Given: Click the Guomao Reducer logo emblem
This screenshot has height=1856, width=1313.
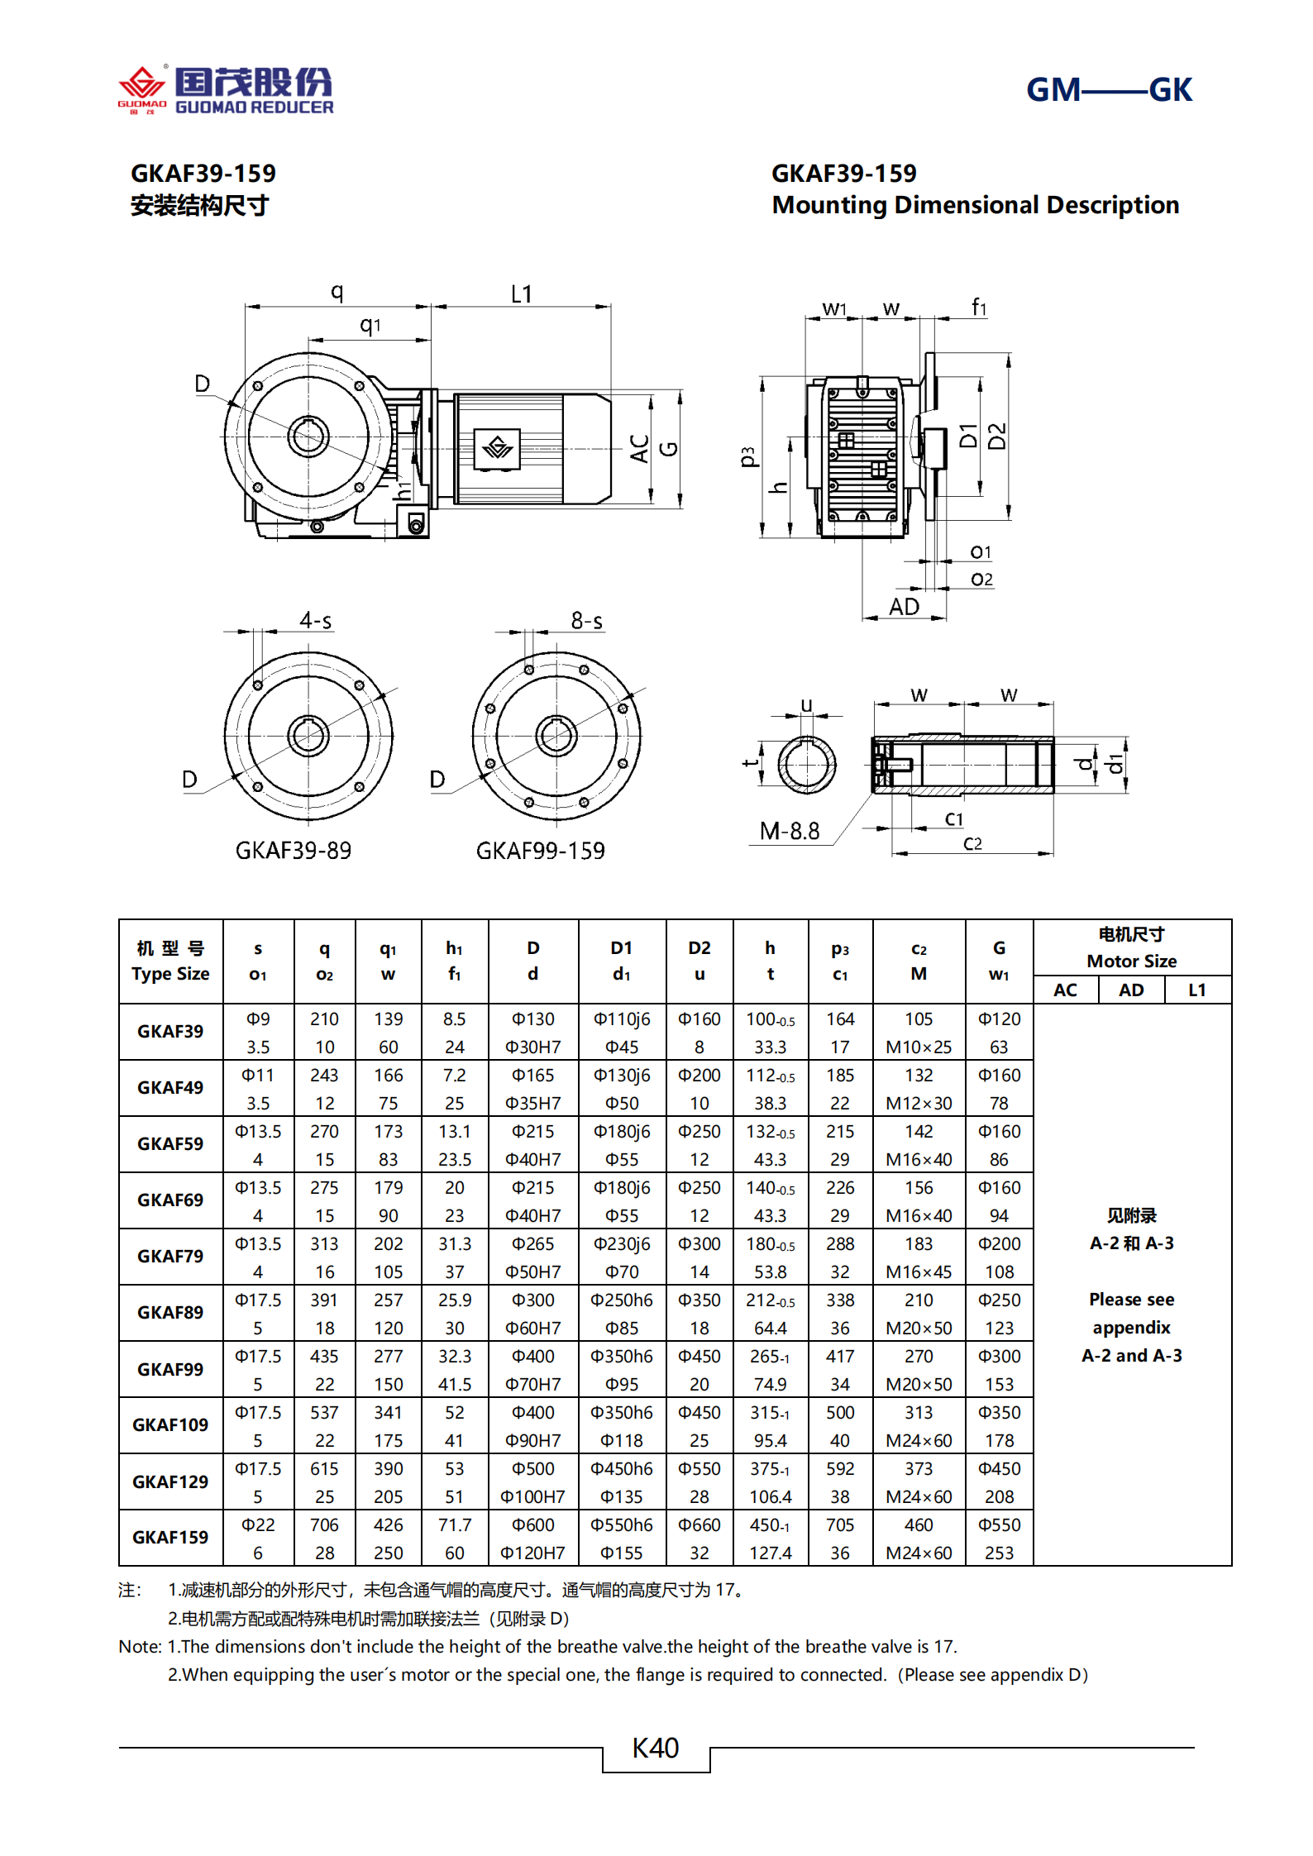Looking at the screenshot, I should (x=142, y=86).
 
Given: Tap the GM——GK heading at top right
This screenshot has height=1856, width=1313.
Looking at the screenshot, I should (x=1108, y=89).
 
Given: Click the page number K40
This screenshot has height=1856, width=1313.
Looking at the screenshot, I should (x=655, y=1748).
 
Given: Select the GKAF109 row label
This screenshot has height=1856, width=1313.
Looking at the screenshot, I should (x=170, y=1425).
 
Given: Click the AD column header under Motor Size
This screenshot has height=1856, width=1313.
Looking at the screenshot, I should (x=1130, y=990).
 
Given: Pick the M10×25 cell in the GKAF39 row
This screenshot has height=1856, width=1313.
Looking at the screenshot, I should (x=918, y=1047).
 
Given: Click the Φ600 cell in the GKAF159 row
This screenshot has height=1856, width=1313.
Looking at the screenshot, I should (x=532, y=1524).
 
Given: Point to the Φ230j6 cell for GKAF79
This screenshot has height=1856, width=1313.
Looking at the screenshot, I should (x=621, y=1243).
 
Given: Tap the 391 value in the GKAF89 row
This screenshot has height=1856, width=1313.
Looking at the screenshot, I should (x=324, y=1300).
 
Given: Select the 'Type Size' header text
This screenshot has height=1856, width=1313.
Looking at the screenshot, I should (x=170, y=974).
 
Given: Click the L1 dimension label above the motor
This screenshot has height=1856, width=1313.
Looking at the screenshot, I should (x=521, y=294).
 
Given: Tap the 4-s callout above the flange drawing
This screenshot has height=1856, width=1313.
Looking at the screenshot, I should (x=316, y=620).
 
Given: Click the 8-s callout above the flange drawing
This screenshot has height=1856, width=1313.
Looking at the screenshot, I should (x=586, y=620).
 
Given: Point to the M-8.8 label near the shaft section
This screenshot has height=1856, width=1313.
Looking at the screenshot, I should (x=790, y=831).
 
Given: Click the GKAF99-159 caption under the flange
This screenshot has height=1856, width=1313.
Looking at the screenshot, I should (x=540, y=851).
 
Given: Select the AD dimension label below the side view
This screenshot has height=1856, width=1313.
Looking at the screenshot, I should (x=904, y=607).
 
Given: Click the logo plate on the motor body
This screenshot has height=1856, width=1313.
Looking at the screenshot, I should (x=497, y=448).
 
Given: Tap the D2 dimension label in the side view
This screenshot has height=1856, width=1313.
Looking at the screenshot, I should (x=997, y=436).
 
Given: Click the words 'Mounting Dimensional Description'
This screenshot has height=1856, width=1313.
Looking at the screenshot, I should (x=975, y=205).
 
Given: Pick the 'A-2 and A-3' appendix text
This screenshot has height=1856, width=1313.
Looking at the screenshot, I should (x=1131, y=1355).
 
